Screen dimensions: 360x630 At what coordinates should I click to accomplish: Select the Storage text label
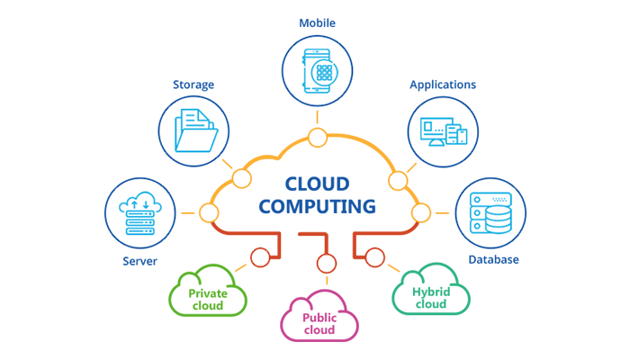193,85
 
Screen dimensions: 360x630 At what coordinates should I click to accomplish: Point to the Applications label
443,85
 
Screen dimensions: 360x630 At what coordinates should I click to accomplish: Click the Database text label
493,259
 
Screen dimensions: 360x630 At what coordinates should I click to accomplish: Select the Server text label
140,261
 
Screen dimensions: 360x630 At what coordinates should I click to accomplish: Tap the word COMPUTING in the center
318,207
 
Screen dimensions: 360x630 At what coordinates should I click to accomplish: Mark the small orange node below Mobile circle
317,137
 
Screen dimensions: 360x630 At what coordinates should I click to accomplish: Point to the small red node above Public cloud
326,263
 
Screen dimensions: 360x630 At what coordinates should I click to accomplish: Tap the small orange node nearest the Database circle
420,213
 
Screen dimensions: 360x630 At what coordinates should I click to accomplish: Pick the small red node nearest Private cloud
260,257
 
